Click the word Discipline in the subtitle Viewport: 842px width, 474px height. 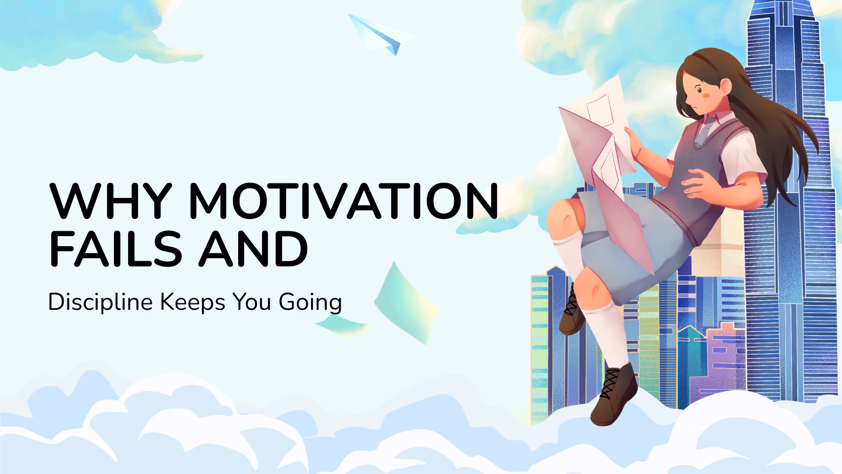coord(100,303)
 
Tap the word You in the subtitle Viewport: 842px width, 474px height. coord(252,302)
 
